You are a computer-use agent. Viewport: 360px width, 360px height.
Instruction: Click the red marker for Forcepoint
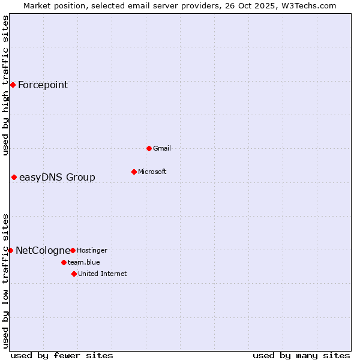(13, 85)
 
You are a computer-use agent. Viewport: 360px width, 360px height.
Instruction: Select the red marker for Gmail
(149, 148)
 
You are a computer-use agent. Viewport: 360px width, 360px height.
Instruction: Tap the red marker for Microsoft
(134, 172)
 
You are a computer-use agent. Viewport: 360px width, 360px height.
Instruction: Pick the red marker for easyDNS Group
(14, 177)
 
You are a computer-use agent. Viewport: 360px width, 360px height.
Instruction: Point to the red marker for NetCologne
(10, 250)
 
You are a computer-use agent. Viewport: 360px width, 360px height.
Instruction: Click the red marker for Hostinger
(73, 250)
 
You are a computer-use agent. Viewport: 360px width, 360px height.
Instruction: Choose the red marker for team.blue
(64, 262)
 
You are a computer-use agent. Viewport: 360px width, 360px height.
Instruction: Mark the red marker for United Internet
(74, 274)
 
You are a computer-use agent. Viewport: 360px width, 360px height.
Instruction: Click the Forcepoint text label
(43, 85)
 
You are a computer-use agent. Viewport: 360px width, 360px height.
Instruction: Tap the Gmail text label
(162, 148)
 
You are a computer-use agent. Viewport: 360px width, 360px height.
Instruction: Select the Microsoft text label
(152, 172)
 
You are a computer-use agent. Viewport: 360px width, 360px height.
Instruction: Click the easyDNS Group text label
(57, 177)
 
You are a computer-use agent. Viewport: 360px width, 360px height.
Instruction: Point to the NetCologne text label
(43, 250)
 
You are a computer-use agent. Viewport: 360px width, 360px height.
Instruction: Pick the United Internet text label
(102, 274)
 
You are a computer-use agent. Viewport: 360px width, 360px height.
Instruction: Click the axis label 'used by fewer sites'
(62, 355)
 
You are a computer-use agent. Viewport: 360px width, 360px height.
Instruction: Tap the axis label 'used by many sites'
(301, 355)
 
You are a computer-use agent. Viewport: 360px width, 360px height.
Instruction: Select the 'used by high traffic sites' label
(5, 85)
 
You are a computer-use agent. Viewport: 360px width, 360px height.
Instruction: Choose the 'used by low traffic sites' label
(5, 280)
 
